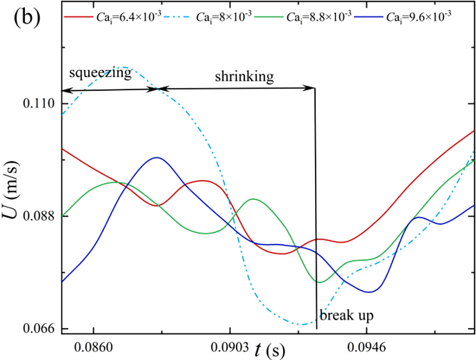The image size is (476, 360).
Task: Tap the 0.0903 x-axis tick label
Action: [229, 346]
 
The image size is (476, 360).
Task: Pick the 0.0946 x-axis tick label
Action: [366, 346]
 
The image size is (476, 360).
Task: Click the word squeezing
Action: [100, 73]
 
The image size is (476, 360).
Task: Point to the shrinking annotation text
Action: [244, 77]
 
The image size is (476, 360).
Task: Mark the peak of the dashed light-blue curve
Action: [123, 67]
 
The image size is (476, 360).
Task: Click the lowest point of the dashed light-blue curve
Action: [303, 325]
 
